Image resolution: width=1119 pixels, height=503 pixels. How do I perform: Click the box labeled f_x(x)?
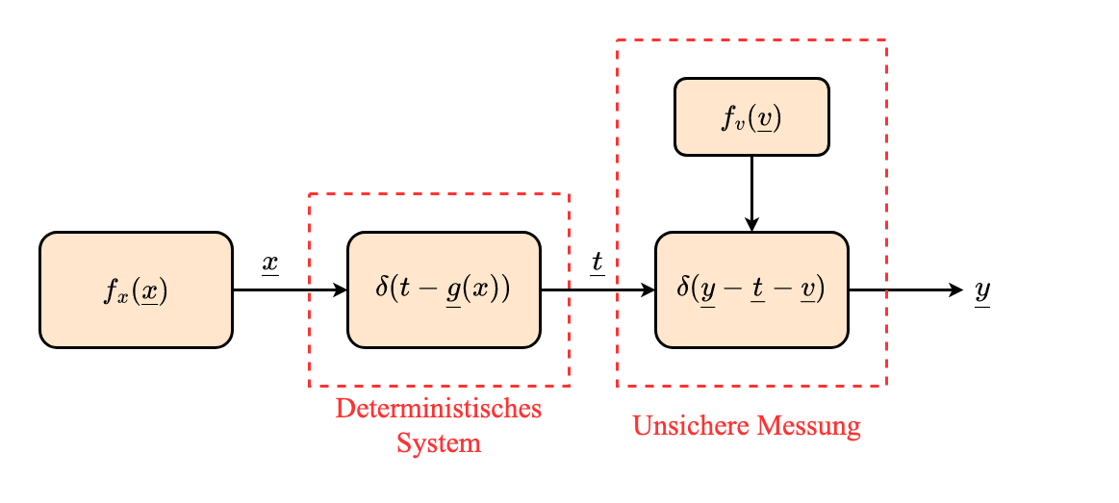[x=136, y=289]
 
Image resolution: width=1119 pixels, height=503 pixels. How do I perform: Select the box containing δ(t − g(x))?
[x=444, y=289]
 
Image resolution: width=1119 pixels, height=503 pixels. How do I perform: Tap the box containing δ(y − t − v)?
[x=751, y=289]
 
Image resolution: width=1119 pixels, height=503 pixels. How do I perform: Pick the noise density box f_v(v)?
[x=751, y=116]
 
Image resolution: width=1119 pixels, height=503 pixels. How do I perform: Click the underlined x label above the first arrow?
[x=270, y=264]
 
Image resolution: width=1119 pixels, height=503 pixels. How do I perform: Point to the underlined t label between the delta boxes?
[x=597, y=262]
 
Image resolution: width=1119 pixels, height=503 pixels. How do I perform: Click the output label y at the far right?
[x=981, y=290]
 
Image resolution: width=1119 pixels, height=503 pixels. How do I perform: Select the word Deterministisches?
[x=439, y=409]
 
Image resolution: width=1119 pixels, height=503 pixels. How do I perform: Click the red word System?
[x=439, y=443]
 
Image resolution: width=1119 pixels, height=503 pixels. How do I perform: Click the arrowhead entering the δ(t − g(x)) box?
[x=340, y=289]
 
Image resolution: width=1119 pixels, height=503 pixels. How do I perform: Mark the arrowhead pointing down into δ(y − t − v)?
[x=751, y=225]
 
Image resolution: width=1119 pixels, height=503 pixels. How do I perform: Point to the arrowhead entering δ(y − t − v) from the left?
[x=648, y=289]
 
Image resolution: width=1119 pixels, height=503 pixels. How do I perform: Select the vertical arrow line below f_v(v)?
[x=751, y=188]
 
